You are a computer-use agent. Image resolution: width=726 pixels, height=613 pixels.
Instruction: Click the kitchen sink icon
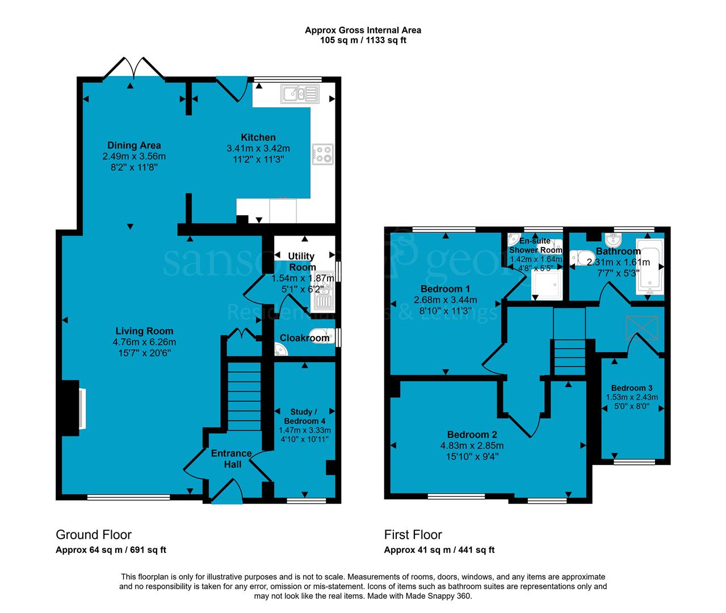(300, 94)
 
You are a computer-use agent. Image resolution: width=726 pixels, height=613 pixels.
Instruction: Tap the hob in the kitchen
(322, 154)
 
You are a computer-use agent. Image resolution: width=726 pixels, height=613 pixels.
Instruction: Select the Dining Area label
(134, 145)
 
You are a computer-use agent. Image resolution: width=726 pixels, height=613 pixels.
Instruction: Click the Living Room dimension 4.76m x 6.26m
(144, 342)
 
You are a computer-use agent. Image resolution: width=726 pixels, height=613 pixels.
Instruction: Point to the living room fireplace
(74, 408)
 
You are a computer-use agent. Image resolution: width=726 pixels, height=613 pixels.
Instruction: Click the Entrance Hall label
(232, 459)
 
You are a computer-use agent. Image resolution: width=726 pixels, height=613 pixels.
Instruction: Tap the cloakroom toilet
(322, 336)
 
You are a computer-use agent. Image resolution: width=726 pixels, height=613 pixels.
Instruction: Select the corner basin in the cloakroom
(280, 350)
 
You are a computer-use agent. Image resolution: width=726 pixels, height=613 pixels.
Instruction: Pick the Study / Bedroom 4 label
(304, 416)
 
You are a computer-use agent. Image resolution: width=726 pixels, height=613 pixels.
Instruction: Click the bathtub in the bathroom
(649, 266)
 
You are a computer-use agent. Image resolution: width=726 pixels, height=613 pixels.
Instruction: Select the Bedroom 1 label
(445, 288)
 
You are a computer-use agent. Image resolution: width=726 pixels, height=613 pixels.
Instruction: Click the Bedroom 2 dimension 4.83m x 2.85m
(472, 446)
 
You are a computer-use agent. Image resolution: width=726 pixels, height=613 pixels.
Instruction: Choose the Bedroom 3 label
(632, 388)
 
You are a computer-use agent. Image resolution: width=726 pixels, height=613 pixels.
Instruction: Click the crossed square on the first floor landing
(642, 328)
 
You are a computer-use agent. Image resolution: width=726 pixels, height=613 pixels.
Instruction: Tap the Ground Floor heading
(94, 535)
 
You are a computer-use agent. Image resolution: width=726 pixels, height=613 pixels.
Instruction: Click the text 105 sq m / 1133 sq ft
(363, 40)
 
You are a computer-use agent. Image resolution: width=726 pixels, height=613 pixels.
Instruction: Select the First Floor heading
(413, 535)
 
